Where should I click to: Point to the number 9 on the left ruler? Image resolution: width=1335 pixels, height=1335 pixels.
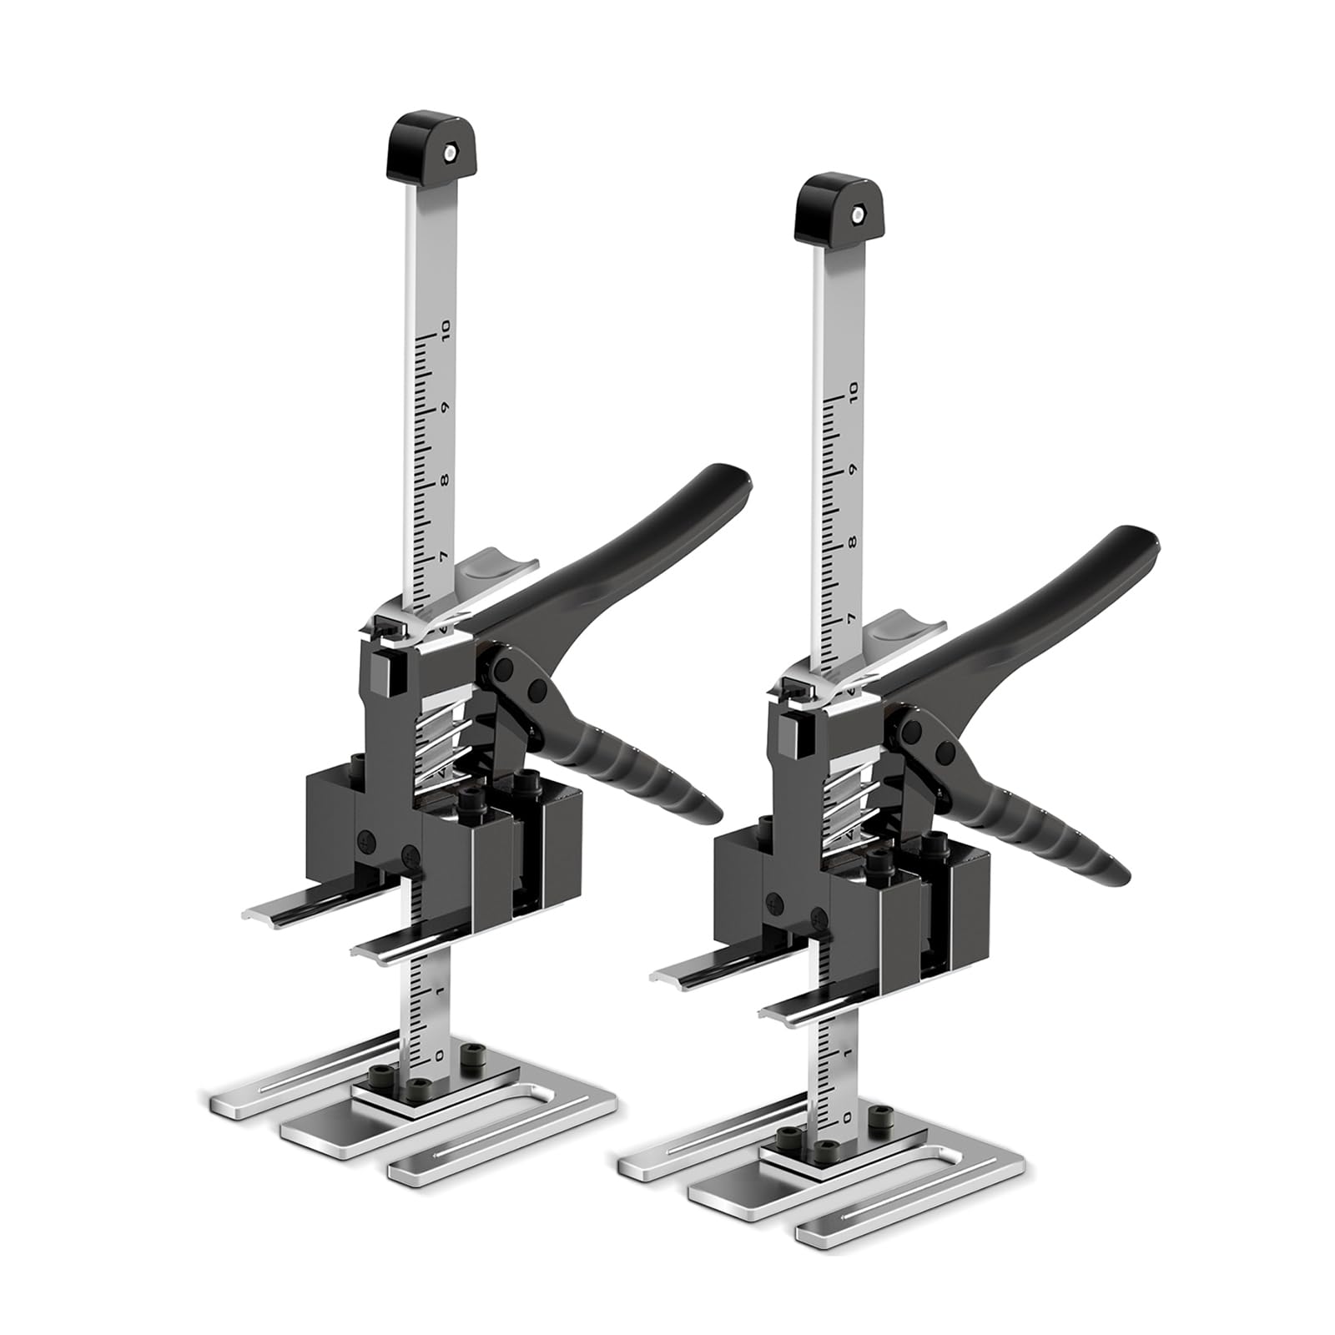click(x=446, y=408)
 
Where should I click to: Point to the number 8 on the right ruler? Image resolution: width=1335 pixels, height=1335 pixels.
click(x=852, y=543)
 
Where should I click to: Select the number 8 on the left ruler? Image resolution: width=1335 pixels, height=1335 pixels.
click(x=445, y=481)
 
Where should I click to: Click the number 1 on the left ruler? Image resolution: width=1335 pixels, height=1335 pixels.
click(x=441, y=990)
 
